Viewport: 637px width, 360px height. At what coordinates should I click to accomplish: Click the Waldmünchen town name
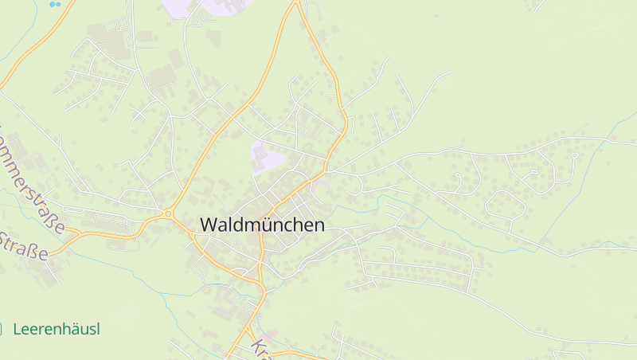(262, 225)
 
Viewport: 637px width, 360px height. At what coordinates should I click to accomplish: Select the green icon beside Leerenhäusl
(2, 328)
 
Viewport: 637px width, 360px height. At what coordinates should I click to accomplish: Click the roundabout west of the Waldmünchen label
(168, 213)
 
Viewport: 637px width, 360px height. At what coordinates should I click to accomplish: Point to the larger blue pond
(55, 4)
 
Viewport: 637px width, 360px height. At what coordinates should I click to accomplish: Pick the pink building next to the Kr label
(272, 333)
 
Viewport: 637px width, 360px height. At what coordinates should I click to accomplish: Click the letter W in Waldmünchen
(208, 225)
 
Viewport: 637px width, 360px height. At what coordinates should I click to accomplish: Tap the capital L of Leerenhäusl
(18, 329)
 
